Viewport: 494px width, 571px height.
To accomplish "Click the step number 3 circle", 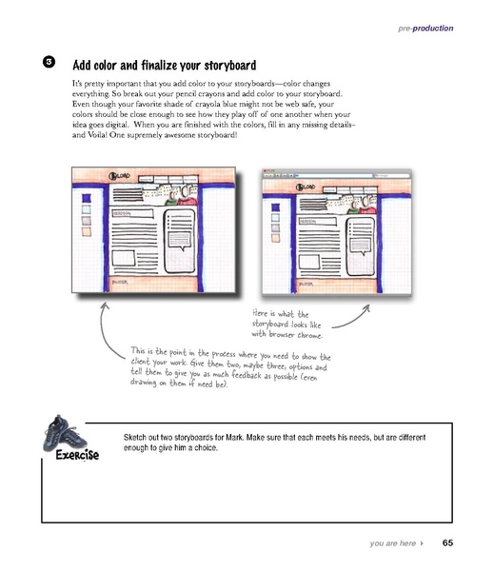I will tap(49, 63).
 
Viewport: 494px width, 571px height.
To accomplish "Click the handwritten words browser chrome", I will tap(304, 334).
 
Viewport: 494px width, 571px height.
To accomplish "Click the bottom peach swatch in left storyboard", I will tap(86, 229).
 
